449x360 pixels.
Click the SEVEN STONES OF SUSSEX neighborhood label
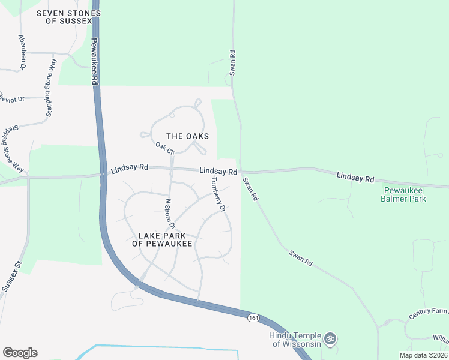point(64,16)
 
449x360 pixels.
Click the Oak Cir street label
point(164,147)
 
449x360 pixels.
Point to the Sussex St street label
point(11,276)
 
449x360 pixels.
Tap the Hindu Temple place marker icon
point(330,340)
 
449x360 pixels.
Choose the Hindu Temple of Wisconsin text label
point(297,340)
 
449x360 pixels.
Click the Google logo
point(20,352)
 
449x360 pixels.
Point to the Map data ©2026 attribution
point(423,355)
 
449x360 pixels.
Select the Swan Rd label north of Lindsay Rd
point(232,63)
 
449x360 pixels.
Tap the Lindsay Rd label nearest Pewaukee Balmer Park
point(355,178)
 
